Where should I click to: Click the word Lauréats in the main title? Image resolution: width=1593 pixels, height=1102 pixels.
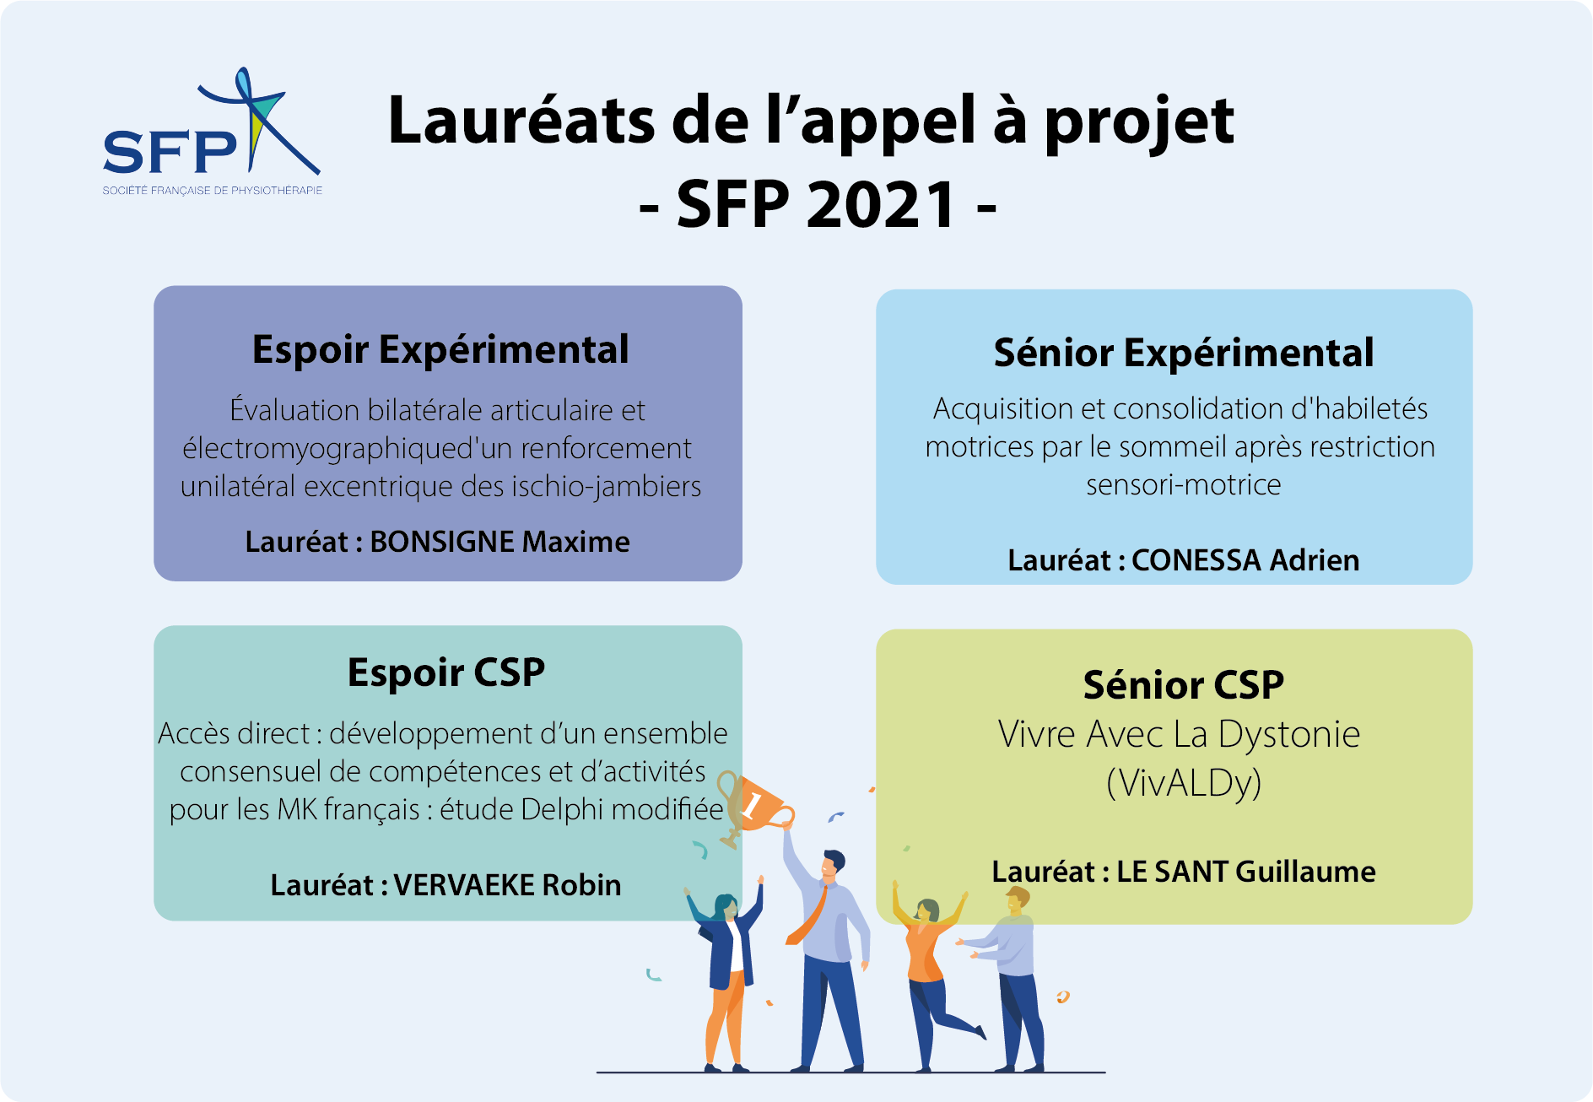pos(521,120)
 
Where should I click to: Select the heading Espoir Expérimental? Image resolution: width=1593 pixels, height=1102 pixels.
pos(440,349)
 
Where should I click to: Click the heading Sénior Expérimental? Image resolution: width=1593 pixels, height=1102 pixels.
pos(1183,353)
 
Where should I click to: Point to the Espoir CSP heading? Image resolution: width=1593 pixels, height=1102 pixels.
pos(446,673)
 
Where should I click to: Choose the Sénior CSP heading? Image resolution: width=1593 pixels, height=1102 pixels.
pos(1183,684)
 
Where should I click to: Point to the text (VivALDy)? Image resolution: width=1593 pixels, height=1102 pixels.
pos(1183,783)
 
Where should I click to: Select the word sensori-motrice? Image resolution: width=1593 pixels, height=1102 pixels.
pos(1183,484)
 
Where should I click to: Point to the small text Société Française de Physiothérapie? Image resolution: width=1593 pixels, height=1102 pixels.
pos(213,190)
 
